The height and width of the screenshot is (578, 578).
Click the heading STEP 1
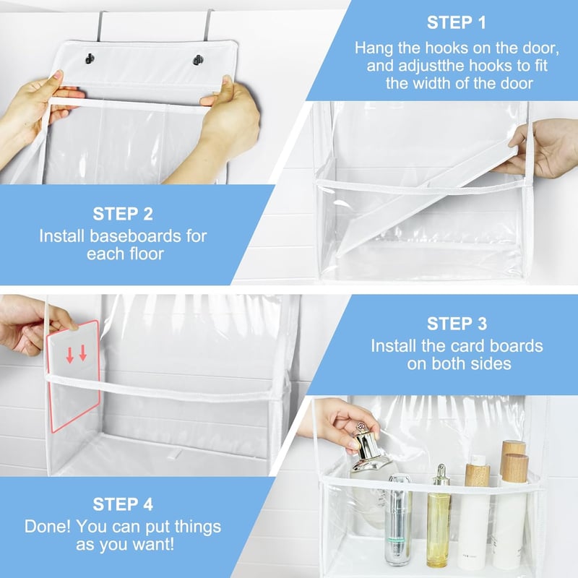point(457,22)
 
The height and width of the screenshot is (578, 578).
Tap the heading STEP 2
point(123,214)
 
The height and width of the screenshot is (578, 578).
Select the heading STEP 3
point(457,324)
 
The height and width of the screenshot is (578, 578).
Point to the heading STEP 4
point(123,504)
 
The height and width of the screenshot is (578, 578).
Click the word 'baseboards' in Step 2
point(135,236)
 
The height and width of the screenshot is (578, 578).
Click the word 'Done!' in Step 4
point(48,526)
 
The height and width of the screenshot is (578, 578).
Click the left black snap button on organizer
point(90,59)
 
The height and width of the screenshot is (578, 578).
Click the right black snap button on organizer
point(198,60)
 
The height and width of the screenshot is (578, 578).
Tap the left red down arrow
point(69,355)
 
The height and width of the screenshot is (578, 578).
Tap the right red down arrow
point(83,353)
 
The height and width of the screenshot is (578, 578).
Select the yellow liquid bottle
point(439,516)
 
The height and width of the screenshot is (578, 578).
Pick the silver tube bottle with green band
point(398,520)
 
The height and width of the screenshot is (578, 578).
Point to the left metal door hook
point(100,27)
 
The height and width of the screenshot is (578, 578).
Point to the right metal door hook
point(209,25)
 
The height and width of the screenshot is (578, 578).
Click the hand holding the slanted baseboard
point(540,147)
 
